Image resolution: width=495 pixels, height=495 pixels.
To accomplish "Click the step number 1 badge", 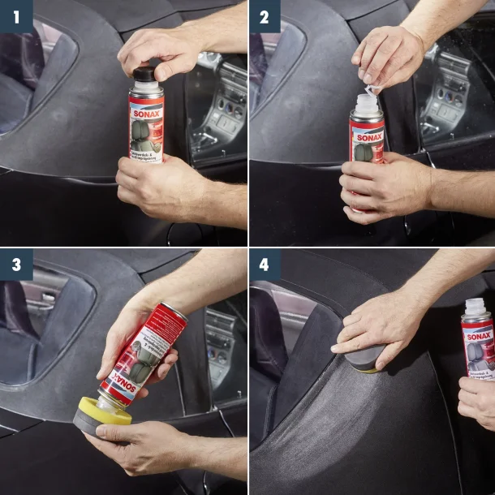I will click(x=16, y=16).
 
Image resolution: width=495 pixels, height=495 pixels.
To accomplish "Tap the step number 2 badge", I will click(x=265, y=16).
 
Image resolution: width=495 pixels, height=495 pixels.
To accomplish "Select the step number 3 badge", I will click(x=16, y=265).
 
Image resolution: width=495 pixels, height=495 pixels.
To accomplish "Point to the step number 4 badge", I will click(x=265, y=265).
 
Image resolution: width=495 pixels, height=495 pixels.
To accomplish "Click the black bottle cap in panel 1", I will click(x=144, y=75).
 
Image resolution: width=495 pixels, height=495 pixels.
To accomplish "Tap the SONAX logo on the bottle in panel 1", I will click(x=147, y=105).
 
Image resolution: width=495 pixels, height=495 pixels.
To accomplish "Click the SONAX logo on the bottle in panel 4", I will click(x=479, y=335).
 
